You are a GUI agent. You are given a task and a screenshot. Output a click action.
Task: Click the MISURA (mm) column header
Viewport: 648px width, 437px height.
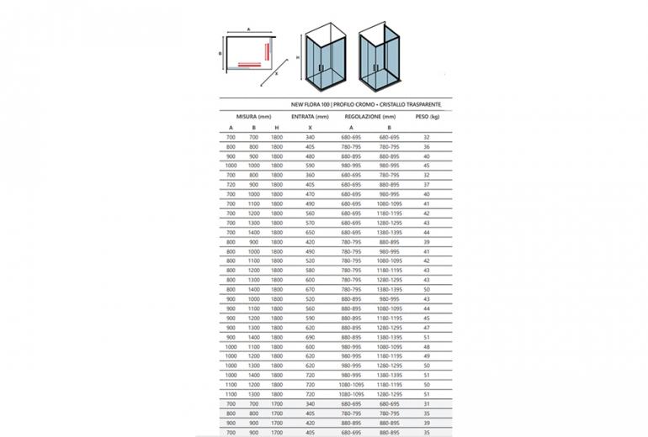click(x=252, y=116)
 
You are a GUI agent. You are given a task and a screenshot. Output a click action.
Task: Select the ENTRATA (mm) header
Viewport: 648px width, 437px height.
click(x=310, y=116)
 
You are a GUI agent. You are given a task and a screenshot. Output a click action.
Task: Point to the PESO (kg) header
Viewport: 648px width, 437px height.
click(x=428, y=116)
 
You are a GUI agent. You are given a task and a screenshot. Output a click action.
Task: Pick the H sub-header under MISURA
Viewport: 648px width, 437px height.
click(x=277, y=127)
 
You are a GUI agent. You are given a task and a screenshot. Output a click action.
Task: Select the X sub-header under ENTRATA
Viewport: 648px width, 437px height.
click(x=310, y=127)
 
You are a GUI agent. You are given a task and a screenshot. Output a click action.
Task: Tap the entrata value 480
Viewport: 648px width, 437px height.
click(x=310, y=155)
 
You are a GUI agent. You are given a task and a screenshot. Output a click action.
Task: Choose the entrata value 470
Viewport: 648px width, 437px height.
click(x=310, y=194)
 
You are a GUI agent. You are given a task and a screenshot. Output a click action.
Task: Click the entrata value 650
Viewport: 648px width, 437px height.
click(x=310, y=232)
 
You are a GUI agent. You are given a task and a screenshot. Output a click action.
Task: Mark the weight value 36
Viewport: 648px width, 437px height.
click(x=428, y=146)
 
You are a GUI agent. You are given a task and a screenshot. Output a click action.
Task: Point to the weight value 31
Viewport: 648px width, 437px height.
click(x=428, y=403)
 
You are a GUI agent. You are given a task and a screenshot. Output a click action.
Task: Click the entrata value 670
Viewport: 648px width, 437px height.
click(x=310, y=289)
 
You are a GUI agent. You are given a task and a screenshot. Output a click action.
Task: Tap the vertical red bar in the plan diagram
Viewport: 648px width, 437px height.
click(x=268, y=52)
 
